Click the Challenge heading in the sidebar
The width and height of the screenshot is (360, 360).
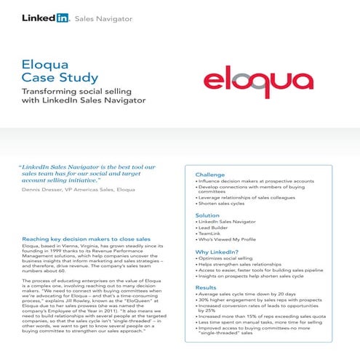[214, 175]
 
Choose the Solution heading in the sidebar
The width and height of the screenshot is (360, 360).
[207, 216]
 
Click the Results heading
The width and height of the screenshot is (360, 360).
[206, 288]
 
